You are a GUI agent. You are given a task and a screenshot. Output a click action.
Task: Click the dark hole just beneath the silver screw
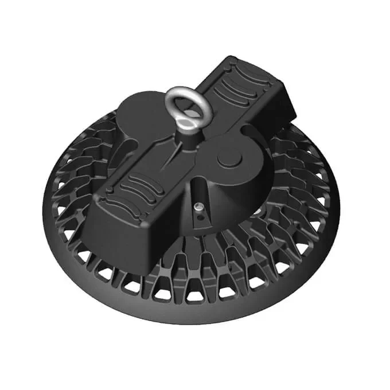tap(198, 216)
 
